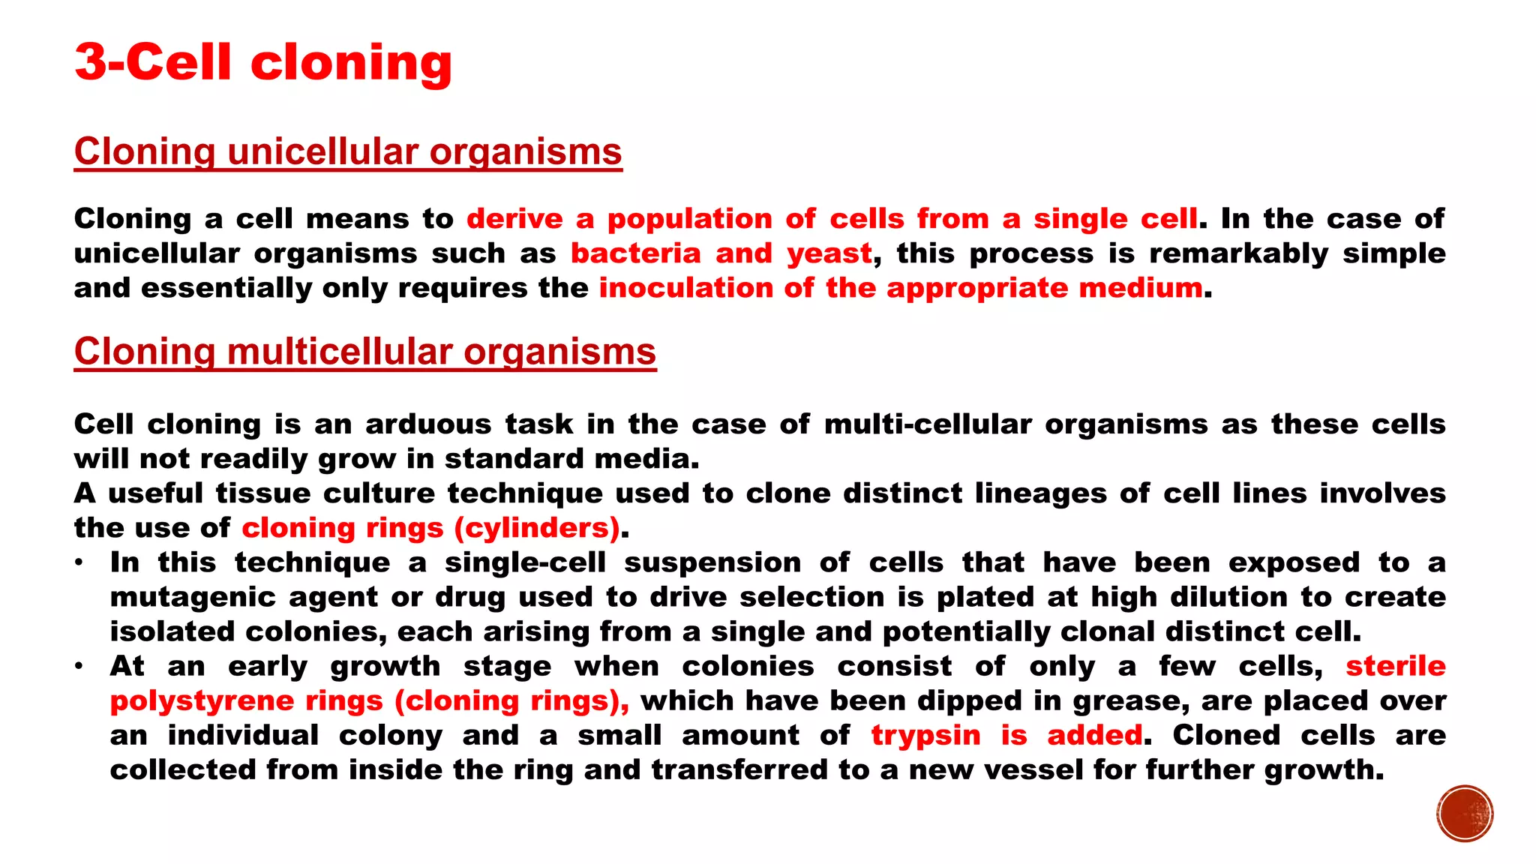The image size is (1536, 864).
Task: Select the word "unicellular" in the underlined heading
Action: [x=322, y=151]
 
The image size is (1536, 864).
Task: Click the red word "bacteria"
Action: [x=635, y=253]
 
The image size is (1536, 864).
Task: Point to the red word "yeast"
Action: [x=829, y=253]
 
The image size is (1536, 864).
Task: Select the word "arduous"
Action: [x=428, y=424]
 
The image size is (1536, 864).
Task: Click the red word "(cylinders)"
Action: [x=537, y=528]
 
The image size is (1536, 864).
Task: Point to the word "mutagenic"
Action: [x=190, y=597]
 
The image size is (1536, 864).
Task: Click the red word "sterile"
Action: [x=1395, y=666]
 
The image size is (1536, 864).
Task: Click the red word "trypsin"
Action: [x=925, y=735]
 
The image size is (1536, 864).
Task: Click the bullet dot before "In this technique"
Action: [x=79, y=562]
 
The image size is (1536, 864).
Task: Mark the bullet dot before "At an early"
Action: [x=79, y=666]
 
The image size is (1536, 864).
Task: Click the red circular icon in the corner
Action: [x=1465, y=814]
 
